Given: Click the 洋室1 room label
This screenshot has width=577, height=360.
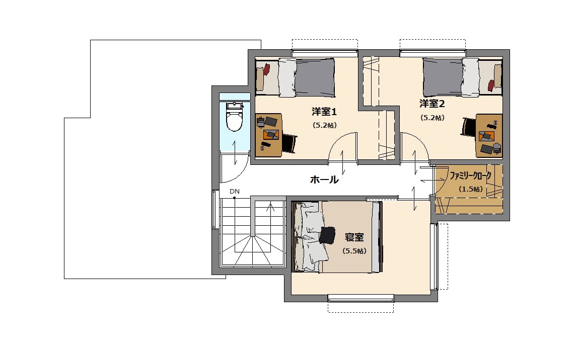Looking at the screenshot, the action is pyautogui.click(x=324, y=111).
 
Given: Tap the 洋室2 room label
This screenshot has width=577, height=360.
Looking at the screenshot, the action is pyautogui.click(x=432, y=104).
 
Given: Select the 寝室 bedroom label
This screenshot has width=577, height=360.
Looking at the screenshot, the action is pyautogui.click(x=354, y=237).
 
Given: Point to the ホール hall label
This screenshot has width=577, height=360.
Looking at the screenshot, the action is pyautogui.click(x=324, y=179).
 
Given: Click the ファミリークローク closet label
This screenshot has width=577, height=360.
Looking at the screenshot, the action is pyautogui.click(x=470, y=176).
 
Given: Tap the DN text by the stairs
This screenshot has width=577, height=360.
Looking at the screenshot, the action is pyautogui.click(x=235, y=192).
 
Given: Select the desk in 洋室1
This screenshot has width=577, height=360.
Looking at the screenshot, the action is pyautogui.click(x=269, y=135).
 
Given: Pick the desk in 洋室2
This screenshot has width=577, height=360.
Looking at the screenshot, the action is pyautogui.click(x=489, y=136).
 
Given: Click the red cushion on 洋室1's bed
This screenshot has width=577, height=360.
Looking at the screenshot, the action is pyautogui.click(x=266, y=70).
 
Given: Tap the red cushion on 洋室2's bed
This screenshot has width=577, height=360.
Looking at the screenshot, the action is pyautogui.click(x=491, y=85).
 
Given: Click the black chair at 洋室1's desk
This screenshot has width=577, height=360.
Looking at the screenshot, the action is pyautogui.click(x=289, y=144).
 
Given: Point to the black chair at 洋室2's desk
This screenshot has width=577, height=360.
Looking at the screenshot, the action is pyautogui.click(x=469, y=128).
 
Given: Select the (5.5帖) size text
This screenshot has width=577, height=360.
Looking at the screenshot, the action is pyautogui.click(x=354, y=251).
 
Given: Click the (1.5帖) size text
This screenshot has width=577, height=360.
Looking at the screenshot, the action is pyautogui.click(x=471, y=190).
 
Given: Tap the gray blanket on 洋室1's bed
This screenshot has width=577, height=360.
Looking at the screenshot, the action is pyautogui.click(x=315, y=78).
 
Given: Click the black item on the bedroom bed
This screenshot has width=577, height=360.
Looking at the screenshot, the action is pyautogui.click(x=327, y=235).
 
